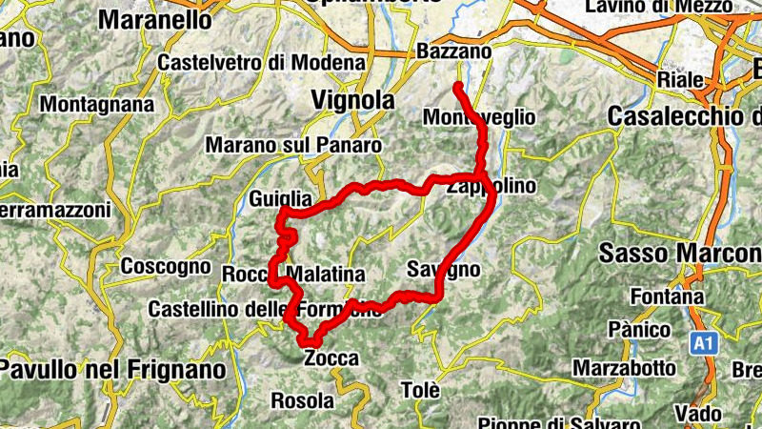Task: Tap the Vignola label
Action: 352,99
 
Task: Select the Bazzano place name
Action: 454,51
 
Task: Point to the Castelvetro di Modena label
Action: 263,62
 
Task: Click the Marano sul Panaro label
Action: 293,146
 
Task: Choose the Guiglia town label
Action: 280,198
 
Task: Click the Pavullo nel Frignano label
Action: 113,368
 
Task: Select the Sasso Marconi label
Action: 680,253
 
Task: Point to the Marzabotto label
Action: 625,367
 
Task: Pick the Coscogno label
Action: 166,266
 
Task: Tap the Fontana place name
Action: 680,296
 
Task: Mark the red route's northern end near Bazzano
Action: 458,87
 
